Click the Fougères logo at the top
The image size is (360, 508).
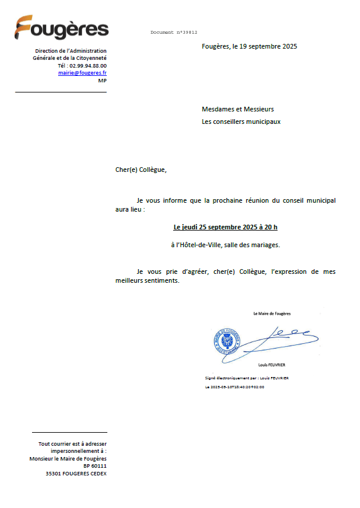tap(62, 28)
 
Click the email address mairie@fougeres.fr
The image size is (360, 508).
tap(82, 72)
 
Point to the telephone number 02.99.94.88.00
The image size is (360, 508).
tap(88, 65)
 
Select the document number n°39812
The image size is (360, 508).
tap(174, 33)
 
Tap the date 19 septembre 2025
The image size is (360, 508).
tap(265, 46)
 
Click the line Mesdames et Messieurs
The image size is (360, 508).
tap(238, 109)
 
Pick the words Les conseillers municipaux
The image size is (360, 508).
tap(241, 122)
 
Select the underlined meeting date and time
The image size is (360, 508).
tap(225, 227)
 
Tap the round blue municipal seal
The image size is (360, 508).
tap(227, 342)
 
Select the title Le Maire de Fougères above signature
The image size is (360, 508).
tap(272, 314)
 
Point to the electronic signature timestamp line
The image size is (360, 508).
tap(234, 387)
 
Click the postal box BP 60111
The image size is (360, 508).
tap(95, 466)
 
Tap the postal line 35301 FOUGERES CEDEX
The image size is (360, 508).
tap(77, 474)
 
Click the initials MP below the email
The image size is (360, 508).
tap(102, 80)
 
